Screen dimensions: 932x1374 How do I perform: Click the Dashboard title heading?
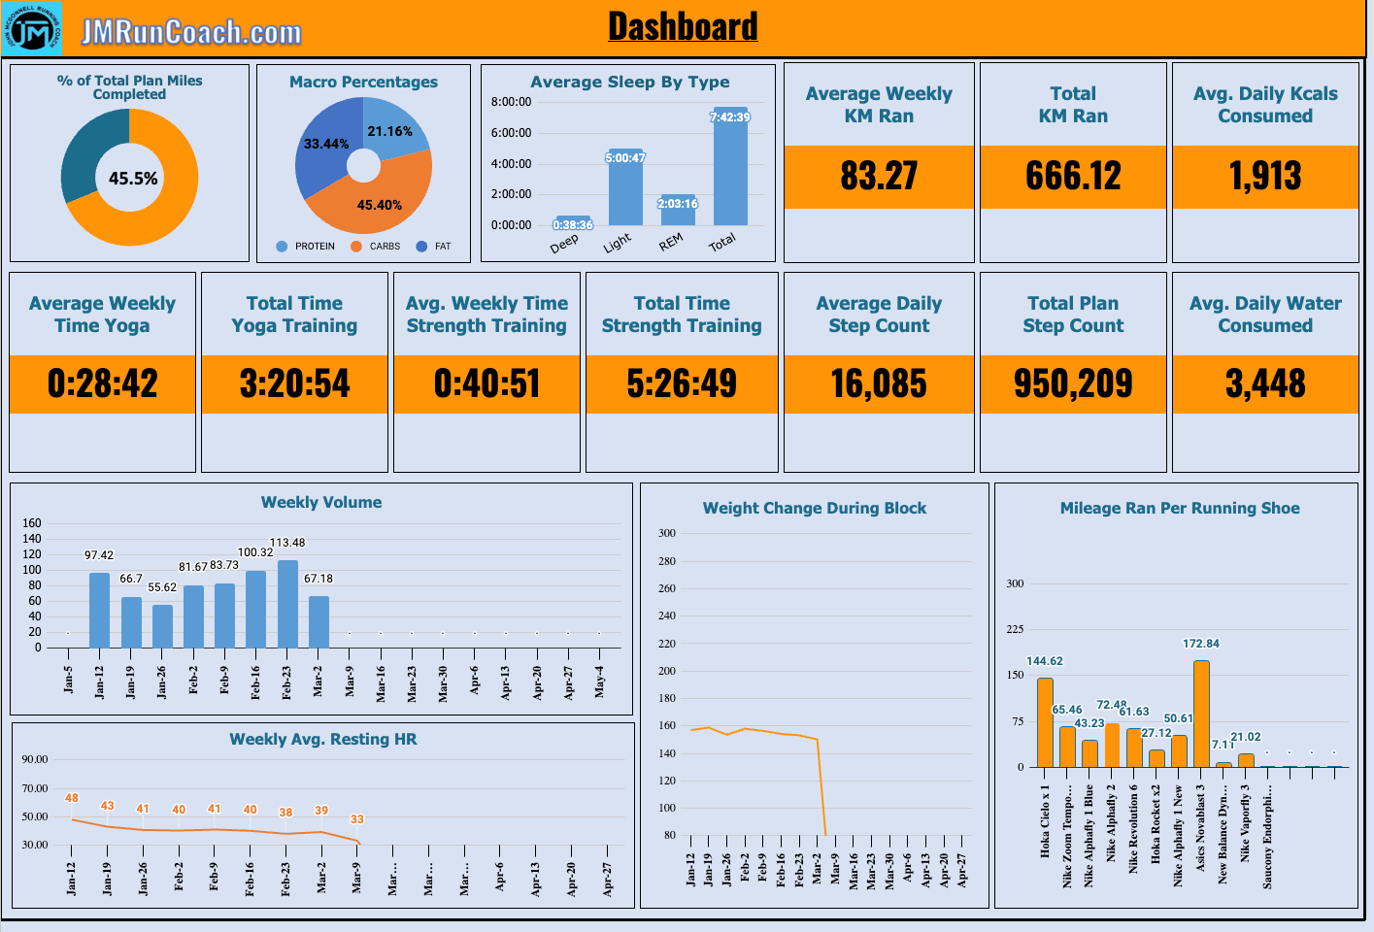[x=683, y=26]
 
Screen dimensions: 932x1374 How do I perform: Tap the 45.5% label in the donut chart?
[x=133, y=179]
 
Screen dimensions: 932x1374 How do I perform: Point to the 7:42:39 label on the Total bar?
[x=730, y=117]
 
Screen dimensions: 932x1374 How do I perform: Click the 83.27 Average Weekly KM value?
[x=879, y=176]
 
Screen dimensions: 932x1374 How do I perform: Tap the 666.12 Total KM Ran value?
[x=1073, y=176]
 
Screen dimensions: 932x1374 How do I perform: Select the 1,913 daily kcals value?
[x=1265, y=176]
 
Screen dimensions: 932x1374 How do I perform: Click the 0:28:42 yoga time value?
[x=102, y=383]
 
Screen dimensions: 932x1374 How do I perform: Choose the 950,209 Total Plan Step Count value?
[x=1073, y=383]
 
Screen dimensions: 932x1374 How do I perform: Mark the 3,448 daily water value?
[x=1265, y=383]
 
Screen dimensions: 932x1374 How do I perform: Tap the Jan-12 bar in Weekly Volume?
[x=99, y=610]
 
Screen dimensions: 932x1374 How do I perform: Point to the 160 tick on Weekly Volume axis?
[x=32, y=523]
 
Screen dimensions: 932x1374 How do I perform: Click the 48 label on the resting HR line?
[x=72, y=798]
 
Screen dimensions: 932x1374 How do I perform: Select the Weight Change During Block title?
[x=814, y=508]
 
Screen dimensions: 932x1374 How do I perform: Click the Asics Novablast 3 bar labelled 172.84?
[x=1201, y=714]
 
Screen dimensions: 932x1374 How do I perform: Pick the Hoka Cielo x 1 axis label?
[x=1045, y=821]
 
